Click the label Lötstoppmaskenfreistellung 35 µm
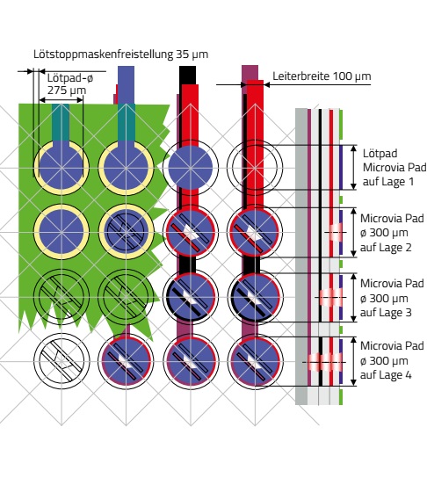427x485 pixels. (x=121, y=54)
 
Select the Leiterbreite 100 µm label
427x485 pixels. (x=322, y=76)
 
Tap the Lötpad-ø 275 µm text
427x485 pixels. (x=70, y=84)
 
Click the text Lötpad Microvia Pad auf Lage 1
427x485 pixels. (x=394, y=167)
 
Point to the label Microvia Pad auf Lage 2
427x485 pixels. (x=392, y=233)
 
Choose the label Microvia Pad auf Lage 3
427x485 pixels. (x=392, y=298)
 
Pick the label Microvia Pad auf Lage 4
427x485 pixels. (x=392, y=360)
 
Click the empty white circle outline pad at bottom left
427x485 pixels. (x=62, y=334)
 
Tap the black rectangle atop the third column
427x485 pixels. (x=188, y=75)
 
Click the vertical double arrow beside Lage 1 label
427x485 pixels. (x=353, y=167)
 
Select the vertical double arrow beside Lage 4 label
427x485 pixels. (x=353, y=361)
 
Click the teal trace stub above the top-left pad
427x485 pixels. (x=61, y=122)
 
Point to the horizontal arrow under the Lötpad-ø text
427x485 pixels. (x=62, y=100)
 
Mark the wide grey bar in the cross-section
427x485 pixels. (x=301, y=257)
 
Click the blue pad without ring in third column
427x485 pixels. (x=191, y=167)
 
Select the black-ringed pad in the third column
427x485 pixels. (x=191, y=297)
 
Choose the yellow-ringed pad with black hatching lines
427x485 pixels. (x=127, y=232)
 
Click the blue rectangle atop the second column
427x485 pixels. (x=127, y=84)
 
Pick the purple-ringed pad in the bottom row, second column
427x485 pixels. (x=127, y=361)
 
